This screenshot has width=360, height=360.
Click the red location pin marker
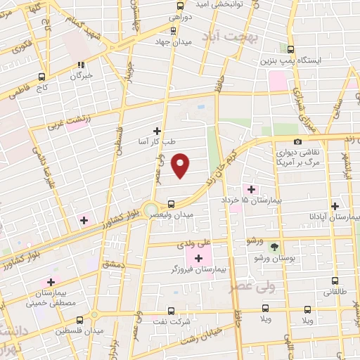point(181,165)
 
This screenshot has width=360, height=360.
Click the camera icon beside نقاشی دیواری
point(298,142)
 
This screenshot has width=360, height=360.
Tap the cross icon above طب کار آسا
point(157,131)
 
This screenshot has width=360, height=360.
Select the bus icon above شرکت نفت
point(172,309)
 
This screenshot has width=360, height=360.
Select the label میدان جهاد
point(173,41)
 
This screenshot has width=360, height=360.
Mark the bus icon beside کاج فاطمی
point(43,77)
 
